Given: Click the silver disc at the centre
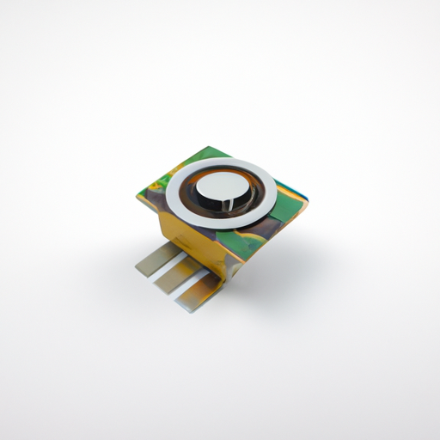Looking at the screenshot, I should [x=222, y=187].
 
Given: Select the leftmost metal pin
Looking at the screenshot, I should [x=156, y=258].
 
